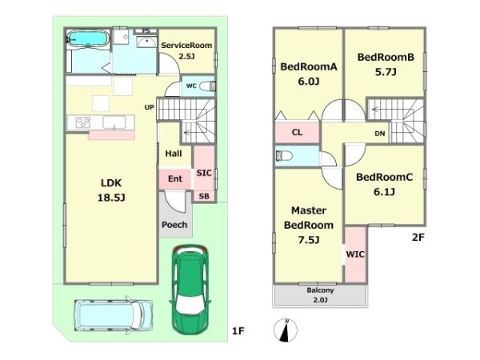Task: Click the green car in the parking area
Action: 190,290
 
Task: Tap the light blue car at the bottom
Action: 114,315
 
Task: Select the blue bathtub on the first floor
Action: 88,38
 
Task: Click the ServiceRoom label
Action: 186,46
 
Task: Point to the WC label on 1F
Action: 191,86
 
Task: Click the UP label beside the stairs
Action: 150,107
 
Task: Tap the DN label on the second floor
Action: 379,134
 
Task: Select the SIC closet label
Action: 204,173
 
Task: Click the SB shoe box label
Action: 204,196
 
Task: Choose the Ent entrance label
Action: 175,178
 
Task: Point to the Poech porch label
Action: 174,225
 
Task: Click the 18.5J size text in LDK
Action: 111,198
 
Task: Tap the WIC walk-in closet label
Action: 355,254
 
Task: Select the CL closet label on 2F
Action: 297,132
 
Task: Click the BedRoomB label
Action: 386,57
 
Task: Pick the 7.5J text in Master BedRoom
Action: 309,240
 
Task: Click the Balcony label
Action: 320,290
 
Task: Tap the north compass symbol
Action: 286,330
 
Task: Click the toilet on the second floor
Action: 284,156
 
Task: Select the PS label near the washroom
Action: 146,31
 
